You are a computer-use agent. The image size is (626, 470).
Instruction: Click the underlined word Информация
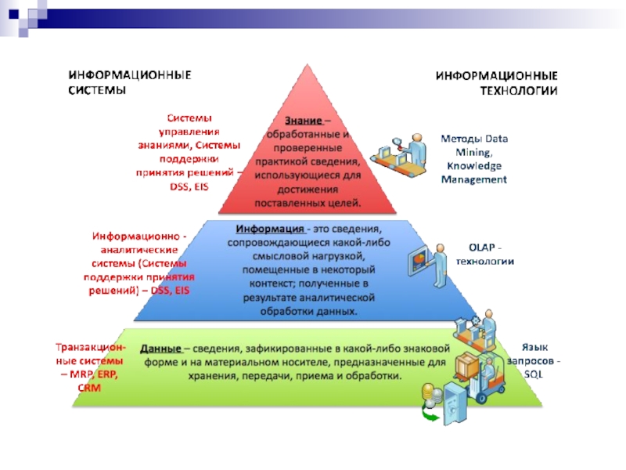click(269, 229)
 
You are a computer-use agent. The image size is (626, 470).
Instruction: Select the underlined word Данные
click(161, 349)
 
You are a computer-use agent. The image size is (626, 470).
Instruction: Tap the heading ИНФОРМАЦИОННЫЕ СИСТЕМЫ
click(129, 82)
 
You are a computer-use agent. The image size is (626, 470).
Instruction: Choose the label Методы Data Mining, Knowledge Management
click(474, 159)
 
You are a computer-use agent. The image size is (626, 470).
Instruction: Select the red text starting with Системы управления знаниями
click(189, 153)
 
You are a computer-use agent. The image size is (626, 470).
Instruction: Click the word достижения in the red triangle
click(311, 189)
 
